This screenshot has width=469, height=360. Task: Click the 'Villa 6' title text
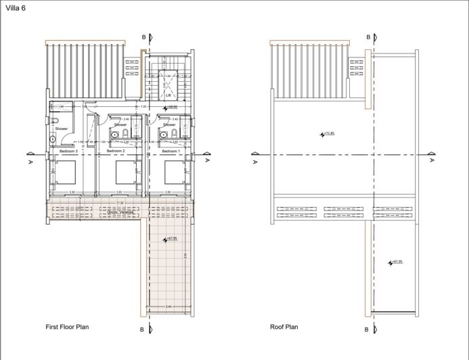point(15,7)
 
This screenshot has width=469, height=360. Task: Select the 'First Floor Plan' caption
point(67,327)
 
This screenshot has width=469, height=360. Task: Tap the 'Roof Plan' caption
point(284,327)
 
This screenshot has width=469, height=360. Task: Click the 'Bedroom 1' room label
point(169,151)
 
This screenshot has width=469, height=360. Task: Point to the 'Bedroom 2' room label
point(116,151)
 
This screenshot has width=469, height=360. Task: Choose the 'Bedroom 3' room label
point(68,151)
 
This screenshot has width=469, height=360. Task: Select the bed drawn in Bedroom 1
point(176,173)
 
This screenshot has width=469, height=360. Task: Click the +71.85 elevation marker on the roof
point(328,134)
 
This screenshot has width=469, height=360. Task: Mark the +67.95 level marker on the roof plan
point(395,262)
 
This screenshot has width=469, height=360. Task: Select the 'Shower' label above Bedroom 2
point(120,125)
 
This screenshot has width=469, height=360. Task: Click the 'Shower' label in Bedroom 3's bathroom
point(62,129)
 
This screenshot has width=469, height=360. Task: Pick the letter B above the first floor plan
point(143,37)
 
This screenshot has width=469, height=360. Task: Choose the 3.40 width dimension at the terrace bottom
point(169,307)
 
